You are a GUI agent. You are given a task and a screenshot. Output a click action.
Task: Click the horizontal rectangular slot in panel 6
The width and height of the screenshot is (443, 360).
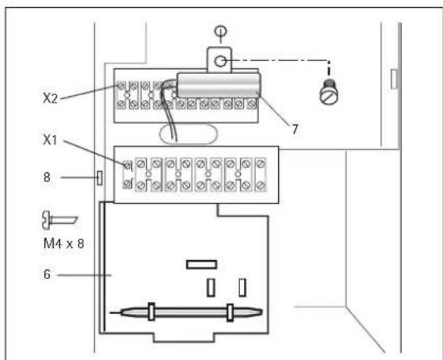[200, 264]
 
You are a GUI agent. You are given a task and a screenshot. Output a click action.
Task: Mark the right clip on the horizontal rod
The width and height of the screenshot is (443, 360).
[229, 311]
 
